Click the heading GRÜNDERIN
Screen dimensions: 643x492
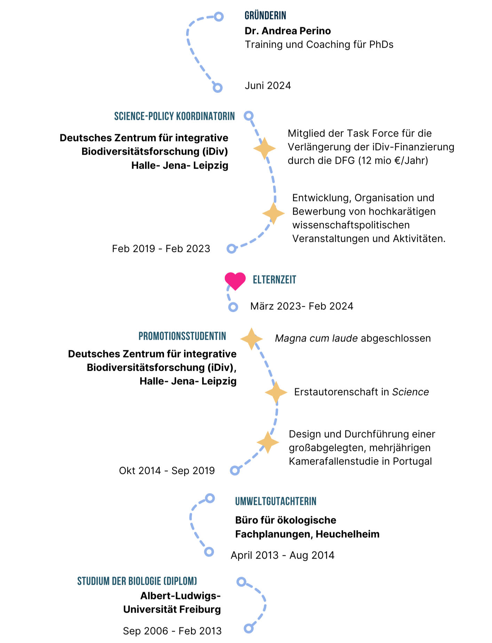(265, 16)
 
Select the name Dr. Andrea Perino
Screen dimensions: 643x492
(287, 31)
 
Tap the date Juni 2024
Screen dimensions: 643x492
(268, 86)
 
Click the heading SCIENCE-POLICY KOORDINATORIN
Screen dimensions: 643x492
(174, 116)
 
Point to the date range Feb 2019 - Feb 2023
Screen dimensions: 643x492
(161, 249)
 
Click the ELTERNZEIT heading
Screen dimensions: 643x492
(274, 280)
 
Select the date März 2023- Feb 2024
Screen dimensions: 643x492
(302, 306)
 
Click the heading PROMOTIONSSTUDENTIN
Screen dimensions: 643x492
(182, 336)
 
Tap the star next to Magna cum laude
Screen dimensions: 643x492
(251, 339)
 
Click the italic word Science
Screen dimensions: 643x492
(410, 392)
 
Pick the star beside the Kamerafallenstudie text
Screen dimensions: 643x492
(268, 442)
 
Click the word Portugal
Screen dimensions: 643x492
(412, 461)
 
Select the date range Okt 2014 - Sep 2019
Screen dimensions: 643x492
(167, 471)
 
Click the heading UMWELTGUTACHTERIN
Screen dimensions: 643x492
(276, 502)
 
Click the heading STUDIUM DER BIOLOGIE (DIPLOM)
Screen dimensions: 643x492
(137, 581)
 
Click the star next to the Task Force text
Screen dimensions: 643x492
(264, 148)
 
